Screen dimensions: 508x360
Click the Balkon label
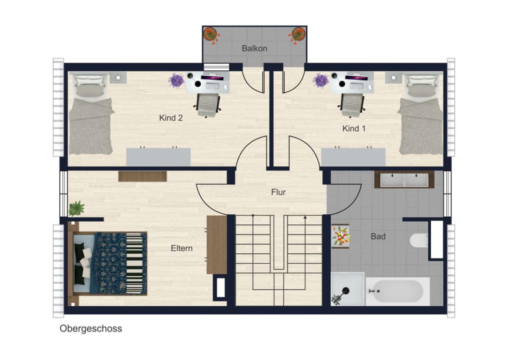pyautogui.click(x=254, y=48)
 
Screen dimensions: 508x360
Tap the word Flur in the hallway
pyautogui.click(x=278, y=192)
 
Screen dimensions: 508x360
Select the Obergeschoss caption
pyautogui.click(x=91, y=328)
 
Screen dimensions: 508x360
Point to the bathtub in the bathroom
pyautogui.click(x=397, y=291)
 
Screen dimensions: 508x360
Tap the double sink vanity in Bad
pyautogui.click(x=404, y=180)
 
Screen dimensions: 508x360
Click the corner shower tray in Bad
pyautogui.click(x=347, y=289)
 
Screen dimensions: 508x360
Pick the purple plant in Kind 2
pyautogui.click(x=176, y=80)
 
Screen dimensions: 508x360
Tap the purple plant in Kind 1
pyautogui.click(x=320, y=80)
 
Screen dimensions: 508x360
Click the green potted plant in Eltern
pyautogui.click(x=76, y=208)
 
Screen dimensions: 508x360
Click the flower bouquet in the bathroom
pyautogui.click(x=341, y=236)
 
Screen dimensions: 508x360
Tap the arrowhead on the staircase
pyautogui.click(x=305, y=218)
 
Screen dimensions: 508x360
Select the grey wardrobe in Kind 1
pyautogui.click(x=353, y=157)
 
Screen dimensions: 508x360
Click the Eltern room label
pyautogui.click(x=182, y=249)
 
